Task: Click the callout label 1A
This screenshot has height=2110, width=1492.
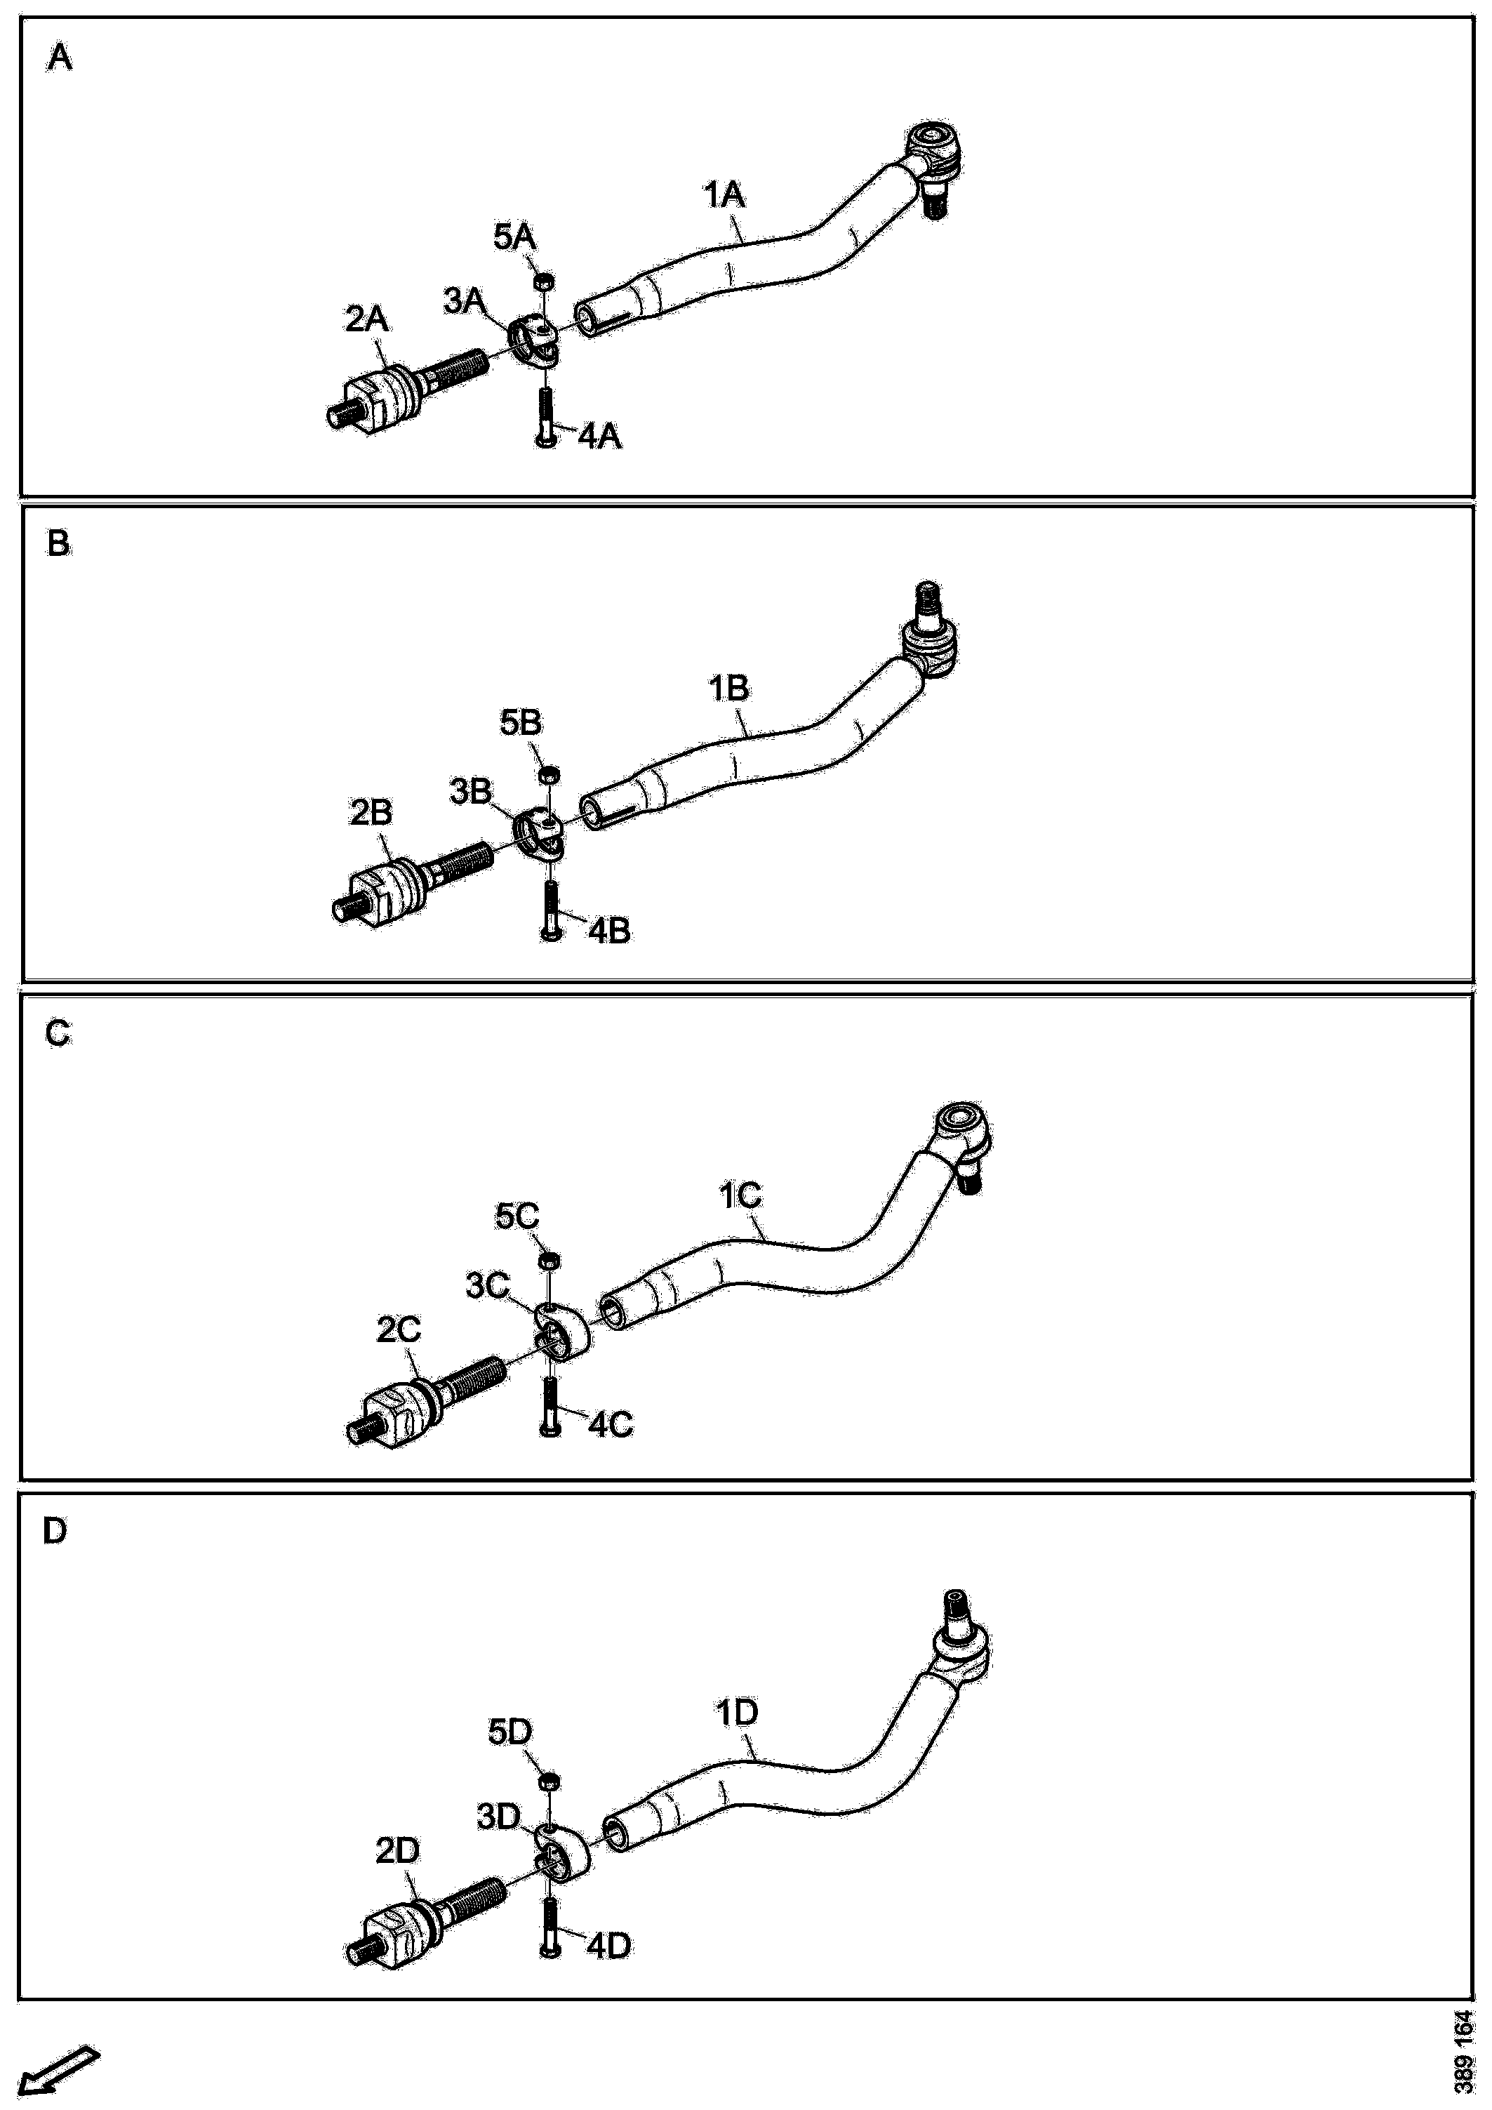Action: pos(724,196)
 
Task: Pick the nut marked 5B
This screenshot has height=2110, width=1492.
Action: pos(549,775)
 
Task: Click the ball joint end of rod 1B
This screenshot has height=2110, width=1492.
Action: pos(930,643)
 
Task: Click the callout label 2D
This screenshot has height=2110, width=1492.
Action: pos(397,1851)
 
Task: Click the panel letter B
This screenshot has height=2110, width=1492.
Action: pos(58,544)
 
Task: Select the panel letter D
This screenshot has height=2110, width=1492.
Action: pos(55,1532)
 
